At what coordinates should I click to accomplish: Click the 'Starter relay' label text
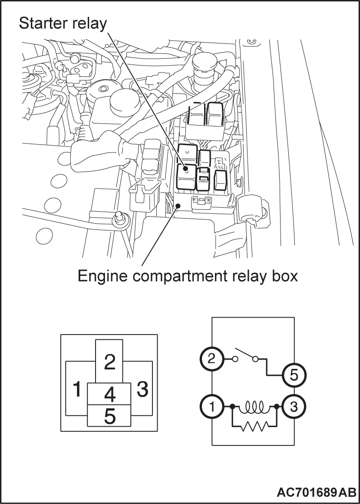[63, 24]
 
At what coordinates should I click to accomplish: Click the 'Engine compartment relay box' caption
[188, 275]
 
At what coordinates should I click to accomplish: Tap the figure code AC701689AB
[316, 492]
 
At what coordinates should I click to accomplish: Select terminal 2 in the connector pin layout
[109, 362]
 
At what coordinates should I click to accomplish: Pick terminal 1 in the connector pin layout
[77, 389]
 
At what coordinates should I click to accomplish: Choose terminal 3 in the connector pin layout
[142, 389]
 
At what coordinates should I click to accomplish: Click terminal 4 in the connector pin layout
[109, 394]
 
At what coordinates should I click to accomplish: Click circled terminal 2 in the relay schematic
[211, 359]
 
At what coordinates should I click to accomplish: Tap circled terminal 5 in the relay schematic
[294, 375]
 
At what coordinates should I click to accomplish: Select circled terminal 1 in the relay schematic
[211, 407]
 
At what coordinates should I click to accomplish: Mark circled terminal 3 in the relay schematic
[294, 407]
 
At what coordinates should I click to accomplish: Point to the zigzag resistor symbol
[255, 427]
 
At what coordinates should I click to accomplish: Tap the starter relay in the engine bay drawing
[186, 176]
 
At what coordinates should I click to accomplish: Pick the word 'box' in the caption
[285, 275]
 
